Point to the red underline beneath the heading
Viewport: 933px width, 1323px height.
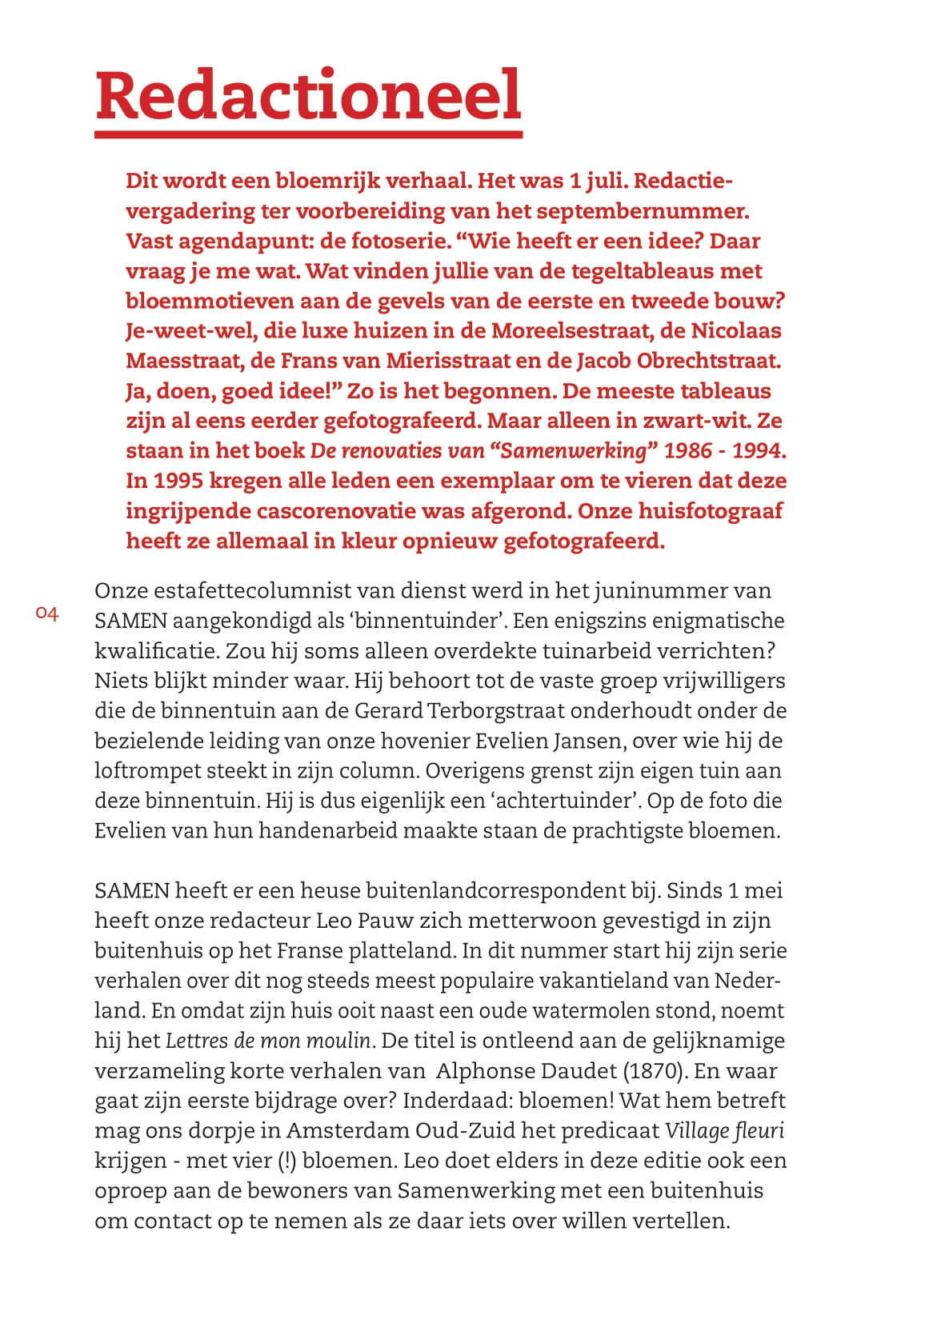(x=308, y=134)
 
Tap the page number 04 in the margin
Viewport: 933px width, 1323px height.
(x=47, y=614)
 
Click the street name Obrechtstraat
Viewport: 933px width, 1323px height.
(x=708, y=361)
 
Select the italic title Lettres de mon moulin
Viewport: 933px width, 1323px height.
(x=268, y=1041)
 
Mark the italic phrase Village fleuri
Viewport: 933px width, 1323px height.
(x=724, y=1131)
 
